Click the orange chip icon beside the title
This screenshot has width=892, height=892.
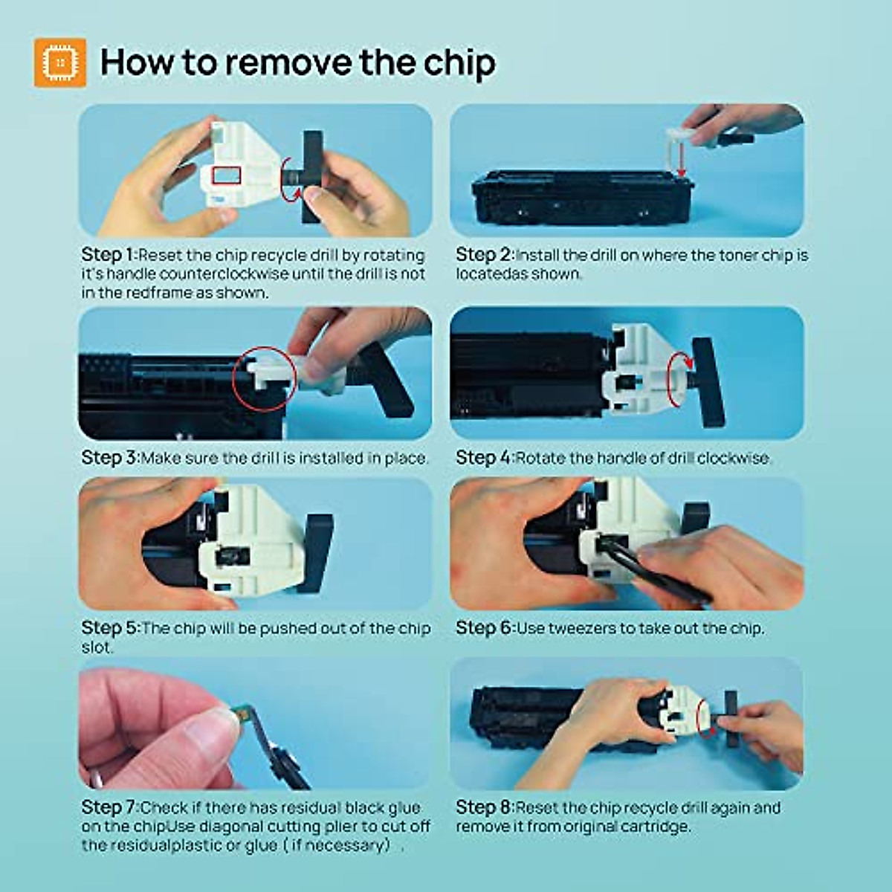point(59,62)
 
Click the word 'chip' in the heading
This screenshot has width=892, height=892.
point(459,62)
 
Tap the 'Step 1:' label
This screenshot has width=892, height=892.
point(109,255)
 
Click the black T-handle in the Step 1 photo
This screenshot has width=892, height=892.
point(312,177)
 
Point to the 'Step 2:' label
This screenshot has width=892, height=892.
point(484,255)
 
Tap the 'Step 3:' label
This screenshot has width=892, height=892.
point(109,458)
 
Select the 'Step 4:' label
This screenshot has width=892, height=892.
point(484,458)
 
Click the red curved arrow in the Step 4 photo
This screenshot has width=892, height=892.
point(678,372)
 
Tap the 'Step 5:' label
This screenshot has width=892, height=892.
point(109,628)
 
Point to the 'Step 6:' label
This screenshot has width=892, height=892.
point(484,628)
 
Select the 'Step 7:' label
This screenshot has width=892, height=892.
point(109,807)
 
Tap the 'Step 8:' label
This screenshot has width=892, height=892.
point(484,807)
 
